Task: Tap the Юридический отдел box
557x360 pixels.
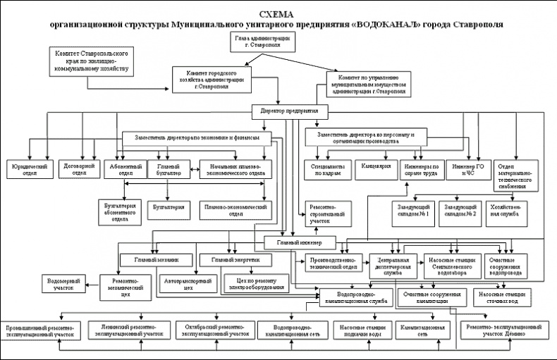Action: click(29, 170)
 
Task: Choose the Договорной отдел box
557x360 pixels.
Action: click(75, 170)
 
